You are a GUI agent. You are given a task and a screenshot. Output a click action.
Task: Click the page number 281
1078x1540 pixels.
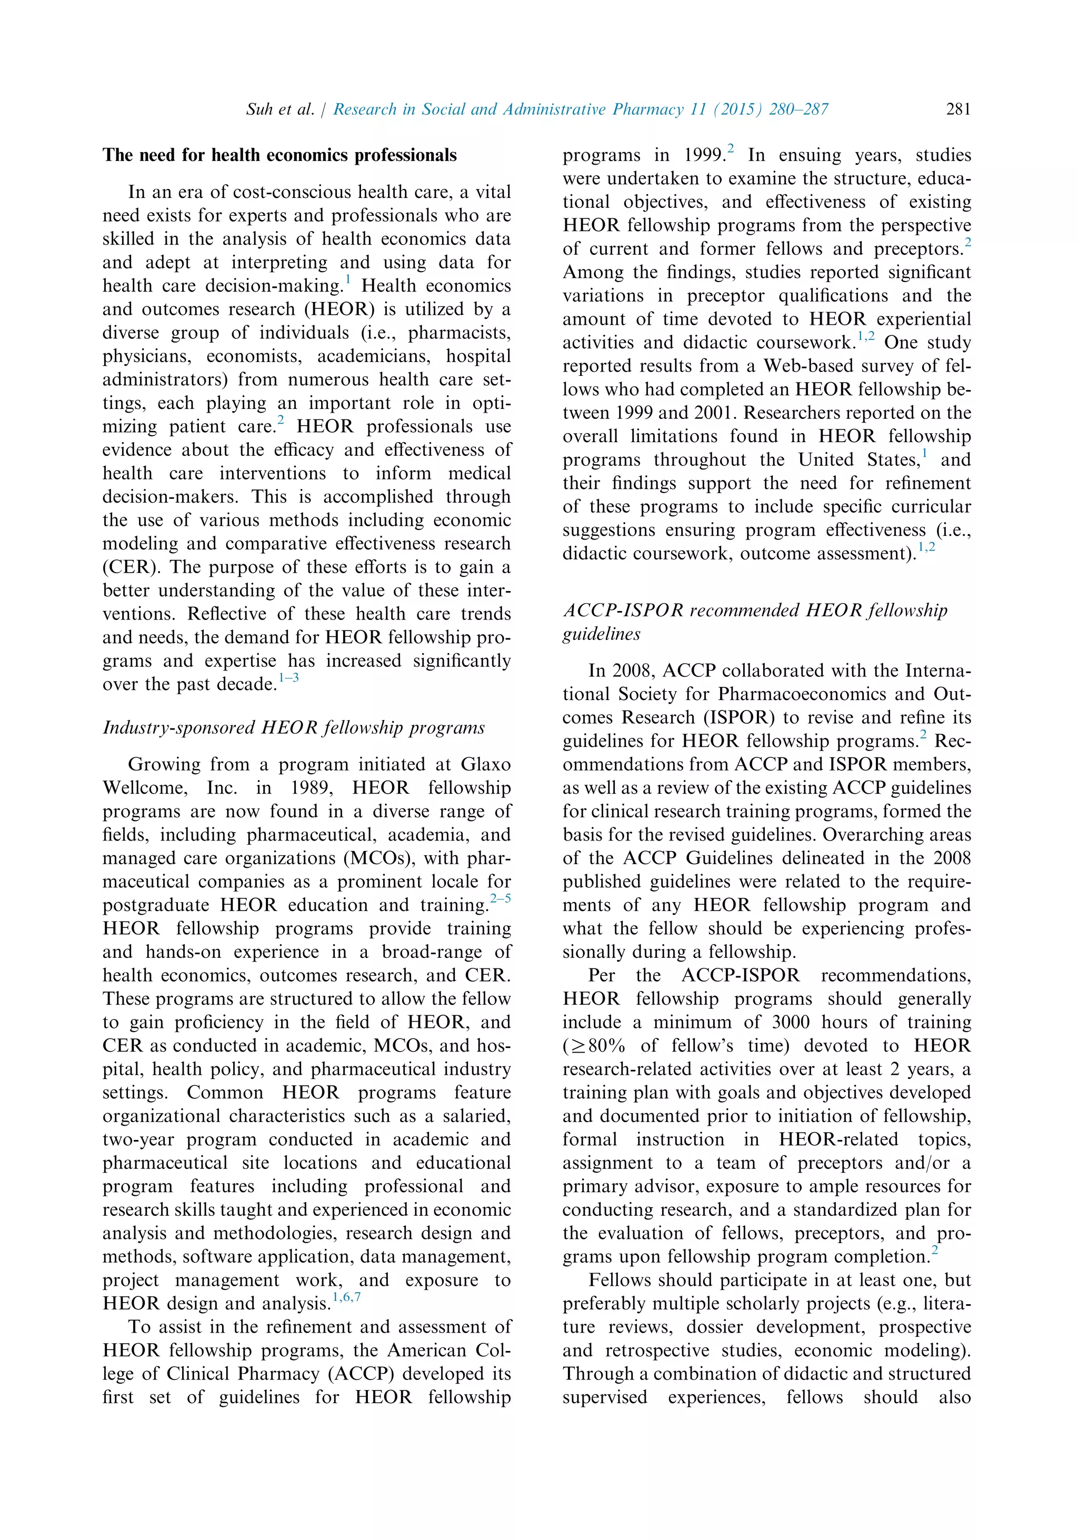coord(958,109)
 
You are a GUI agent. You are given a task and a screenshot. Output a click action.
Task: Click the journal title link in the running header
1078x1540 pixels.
coord(580,109)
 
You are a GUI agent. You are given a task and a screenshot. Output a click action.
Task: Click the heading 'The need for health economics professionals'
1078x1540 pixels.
coord(279,156)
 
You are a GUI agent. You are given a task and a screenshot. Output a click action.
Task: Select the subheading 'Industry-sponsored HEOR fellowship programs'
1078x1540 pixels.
coord(293,728)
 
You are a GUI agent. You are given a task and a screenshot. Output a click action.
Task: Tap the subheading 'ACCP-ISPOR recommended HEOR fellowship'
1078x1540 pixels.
coord(755,611)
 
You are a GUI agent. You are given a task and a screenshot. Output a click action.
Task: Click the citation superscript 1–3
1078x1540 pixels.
coord(288,678)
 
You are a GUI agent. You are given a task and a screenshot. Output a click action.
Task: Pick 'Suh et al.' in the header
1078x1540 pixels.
coord(280,109)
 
